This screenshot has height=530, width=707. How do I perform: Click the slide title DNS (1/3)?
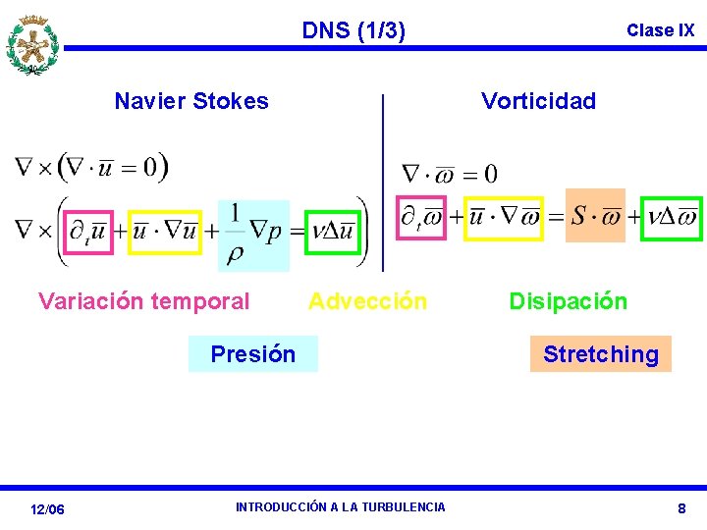click(x=353, y=30)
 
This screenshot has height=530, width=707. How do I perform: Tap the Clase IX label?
click(x=660, y=30)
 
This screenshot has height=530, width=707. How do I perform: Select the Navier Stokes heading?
click(x=191, y=101)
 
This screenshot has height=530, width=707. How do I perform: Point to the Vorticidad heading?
click(x=538, y=101)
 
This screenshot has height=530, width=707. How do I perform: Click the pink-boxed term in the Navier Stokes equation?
click(x=89, y=232)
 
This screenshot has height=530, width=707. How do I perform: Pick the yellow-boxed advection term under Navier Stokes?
click(x=165, y=232)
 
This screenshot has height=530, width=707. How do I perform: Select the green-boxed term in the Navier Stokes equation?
click(x=332, y=232)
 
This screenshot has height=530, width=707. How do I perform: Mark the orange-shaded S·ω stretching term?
click(x=595, y=215)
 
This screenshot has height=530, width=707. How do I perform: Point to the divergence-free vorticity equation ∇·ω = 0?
click(x=450, y=174)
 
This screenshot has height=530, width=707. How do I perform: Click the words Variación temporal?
click(x=144, y=301)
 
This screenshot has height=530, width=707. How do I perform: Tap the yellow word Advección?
click(x=368, y=301)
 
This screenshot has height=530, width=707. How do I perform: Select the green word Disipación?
click(x=568, y=301)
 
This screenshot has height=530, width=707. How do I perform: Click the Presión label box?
click(x=253, y=354)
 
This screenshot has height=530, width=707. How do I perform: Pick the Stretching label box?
click(x=601, y=354)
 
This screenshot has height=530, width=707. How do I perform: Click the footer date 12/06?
click(x=47, y=509)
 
